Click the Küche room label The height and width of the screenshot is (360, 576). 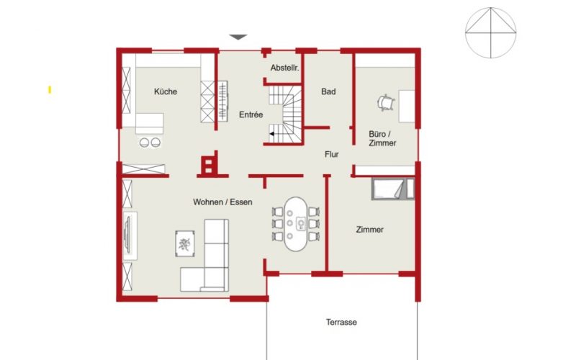(x=166, y=91)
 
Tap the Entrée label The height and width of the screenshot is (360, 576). (x=251, y=114)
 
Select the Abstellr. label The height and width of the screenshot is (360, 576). (x=284, y=68)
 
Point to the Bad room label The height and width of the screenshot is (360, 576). (x=328, y=91)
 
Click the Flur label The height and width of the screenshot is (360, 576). (x=331, y=154)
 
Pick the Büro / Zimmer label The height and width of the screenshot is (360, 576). (x=382, y=138)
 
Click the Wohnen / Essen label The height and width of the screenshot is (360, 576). (x=222, y=202)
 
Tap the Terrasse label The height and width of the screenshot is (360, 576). (x=341, y=322)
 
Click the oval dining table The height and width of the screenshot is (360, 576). (x=295, y=224)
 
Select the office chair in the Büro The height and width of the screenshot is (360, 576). (x=386, y=102)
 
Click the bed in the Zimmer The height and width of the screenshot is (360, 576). (x=392, y=189)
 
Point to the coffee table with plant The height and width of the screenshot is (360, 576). (x=185, y=243)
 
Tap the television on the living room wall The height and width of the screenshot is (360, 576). (x=128, y=235)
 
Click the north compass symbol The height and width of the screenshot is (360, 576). (x=491, y=32)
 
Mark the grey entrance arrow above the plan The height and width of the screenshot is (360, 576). (x=238, y=37)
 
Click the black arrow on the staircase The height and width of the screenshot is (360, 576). (x=271, y=134)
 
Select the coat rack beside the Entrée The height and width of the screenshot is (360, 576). (x=222, y=101)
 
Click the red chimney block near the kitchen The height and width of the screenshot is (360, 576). (x=210, y=165)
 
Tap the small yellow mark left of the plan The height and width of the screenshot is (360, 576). (x=50, y=89)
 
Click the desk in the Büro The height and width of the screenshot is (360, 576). (x=407, y=106)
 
